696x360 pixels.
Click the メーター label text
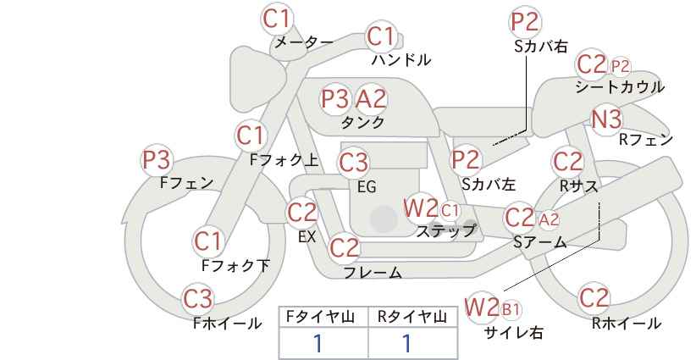click(x=304, y=42)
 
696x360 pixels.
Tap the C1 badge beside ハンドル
click(x=381, y=36)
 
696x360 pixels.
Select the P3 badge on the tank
click(x=335, y=98)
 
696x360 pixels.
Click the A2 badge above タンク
click(x=371, y=98)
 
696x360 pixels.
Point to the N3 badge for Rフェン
click(x=606, y=119)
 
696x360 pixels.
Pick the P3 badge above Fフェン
click(x=157, y=160)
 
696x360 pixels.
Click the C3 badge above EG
click(x=353, y=163)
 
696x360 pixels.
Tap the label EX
click(x=307, y=237)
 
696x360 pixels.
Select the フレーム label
click(x=373, y=272)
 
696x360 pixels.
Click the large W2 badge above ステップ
click(x=420, y=208)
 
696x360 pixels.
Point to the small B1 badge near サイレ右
click(x=511, y=309)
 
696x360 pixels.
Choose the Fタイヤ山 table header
click(x=320, y=317)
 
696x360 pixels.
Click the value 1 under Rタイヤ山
click(x=407, y=343)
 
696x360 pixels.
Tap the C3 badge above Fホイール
click(x=198, y=299)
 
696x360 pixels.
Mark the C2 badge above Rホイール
click(x=594, y=298)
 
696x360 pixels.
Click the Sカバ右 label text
click(x=541, y=47)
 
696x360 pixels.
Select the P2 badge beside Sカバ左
click(x=466, y=160)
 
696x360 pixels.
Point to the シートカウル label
click(x=620, y=87)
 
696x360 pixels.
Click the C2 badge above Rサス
click(x=567, y=162)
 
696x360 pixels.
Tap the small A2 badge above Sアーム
click(x=549, y=219)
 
